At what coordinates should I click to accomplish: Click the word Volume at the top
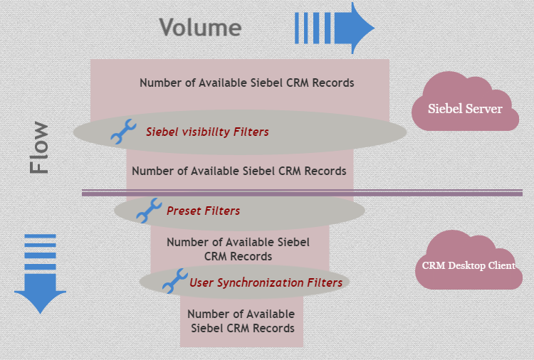coord(200,28)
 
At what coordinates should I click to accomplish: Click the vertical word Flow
coord(40,148)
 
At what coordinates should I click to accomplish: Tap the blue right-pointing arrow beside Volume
coord(335,28)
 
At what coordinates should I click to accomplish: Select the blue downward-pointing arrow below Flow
coord(40,274)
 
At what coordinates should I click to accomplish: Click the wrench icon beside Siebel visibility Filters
coord(123,132)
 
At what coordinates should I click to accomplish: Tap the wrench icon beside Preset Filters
coord(148,211)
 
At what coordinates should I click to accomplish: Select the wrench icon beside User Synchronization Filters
coord(174,281)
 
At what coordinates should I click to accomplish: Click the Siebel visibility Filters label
coord(207,132)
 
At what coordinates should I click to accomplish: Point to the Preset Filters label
coord(203,211)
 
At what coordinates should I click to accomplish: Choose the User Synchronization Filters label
coord(266,282)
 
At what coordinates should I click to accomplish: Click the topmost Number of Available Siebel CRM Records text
coord(246,83)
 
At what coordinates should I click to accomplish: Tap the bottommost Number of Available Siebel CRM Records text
coord(242,321)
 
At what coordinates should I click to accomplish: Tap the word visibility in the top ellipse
coord(206,132)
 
